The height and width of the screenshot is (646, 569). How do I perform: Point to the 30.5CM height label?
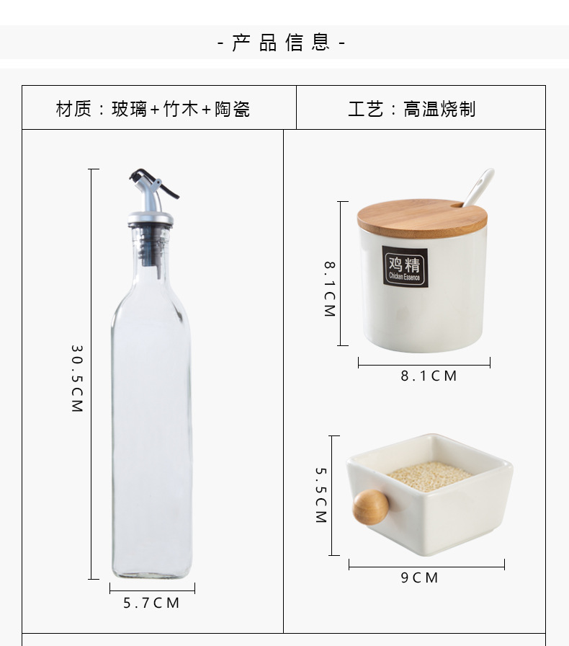tap(77, 379)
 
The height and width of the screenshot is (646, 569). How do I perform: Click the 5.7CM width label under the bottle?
tap(151, 603)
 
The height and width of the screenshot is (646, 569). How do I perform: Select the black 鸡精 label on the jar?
tap(404, 266)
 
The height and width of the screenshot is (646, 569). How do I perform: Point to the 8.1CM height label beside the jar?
tap(328, 288)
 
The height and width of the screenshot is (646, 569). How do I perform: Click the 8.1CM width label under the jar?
tap(429, 376)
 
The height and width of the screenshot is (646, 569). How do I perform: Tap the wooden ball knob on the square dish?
tap(369, 506)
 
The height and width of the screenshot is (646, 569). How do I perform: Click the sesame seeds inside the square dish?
tap(429, 477)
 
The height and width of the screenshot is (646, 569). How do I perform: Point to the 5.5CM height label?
tap(321, 495)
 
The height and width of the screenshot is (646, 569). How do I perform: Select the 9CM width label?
tap(420, 578)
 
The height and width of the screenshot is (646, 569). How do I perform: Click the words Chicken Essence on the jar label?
tap(404, 277)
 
